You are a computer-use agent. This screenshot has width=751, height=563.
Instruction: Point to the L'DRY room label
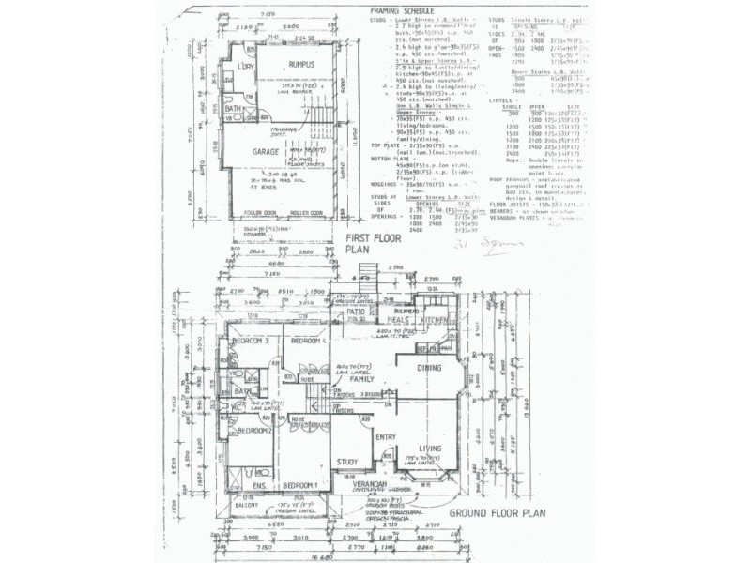click(x=247, y=68)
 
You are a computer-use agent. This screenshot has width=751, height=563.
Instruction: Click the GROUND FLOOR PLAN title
click(x=497, y=513)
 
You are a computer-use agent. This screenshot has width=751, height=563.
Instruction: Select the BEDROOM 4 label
click(x=308, y=341)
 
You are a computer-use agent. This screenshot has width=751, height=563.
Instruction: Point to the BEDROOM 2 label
click(x=254, y=431)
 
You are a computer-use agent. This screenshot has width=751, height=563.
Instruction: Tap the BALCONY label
click(x=245, y=506)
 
